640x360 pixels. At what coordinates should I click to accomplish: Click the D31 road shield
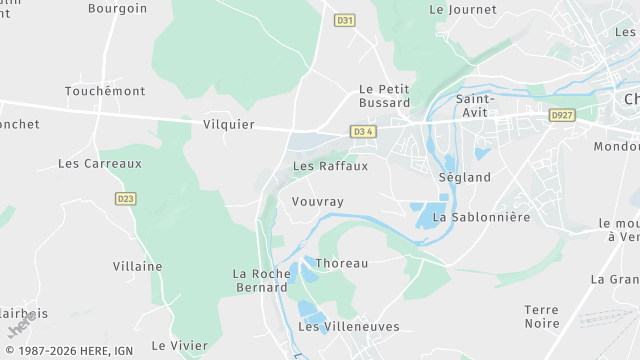[345, 20]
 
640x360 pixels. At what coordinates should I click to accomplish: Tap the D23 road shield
[125, 198]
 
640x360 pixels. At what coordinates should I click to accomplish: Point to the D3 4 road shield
[364, 131]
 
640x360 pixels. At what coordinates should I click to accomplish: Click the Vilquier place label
[228, 125]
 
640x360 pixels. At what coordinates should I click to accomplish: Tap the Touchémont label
[105, 91]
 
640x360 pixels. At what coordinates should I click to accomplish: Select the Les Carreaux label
[100, 163]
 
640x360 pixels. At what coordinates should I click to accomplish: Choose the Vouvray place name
[317, 202]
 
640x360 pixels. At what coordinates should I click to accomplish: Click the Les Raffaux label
[330, 166]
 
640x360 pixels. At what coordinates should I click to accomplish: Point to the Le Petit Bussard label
[384, 96]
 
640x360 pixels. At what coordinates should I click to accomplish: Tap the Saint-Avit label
[474, 106]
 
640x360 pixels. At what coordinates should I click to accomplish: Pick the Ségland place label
[465, 177]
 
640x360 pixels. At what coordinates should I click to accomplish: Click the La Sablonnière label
[480, 217]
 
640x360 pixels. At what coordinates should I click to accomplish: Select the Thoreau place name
[342, 263]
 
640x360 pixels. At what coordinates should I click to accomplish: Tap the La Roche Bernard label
[260, 280]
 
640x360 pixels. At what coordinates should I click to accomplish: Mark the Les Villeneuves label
[349, 327]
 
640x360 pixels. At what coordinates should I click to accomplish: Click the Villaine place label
[138, 266]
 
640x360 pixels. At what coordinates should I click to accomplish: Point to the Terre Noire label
[542, 316]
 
